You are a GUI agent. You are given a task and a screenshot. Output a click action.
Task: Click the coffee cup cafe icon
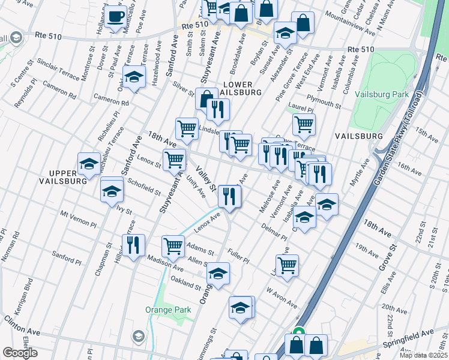pyautogui.click(x=116, y=17)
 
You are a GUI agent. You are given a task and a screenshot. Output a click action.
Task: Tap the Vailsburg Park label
pyautogui.click(x=381, y=95)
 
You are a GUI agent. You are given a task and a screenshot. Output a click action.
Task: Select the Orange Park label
pyautogui.click(x=168, y=310)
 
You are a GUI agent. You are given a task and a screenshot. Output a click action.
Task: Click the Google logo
pyautogui.click(x=20, y=353)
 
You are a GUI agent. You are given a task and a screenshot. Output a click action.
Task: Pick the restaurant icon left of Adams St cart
pyautogui.click(x=133, y=244)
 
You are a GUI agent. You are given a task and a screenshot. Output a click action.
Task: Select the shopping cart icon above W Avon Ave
pyautogui.click(x=288, y=264)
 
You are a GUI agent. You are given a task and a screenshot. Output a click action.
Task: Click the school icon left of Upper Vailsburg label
pyautogui.click(x=89, y=163)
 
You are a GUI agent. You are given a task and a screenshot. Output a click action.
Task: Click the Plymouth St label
pyautogui.click(x=324, y=101)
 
